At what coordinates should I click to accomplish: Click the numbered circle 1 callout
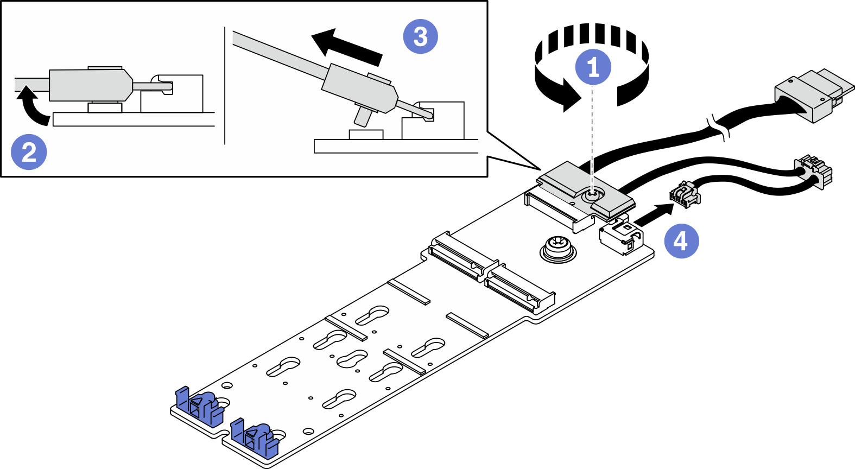pos(593,67)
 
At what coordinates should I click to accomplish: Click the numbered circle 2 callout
pos(29,152)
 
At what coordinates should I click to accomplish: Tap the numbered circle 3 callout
pos(420,36)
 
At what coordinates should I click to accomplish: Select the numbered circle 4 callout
pos(681,240)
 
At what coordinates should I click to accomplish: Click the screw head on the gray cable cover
pos(593,193)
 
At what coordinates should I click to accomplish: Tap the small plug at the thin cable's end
pos(685,194)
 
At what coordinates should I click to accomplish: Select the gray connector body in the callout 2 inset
pos(90,85)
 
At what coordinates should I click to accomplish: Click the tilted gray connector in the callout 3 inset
pos(358,88)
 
